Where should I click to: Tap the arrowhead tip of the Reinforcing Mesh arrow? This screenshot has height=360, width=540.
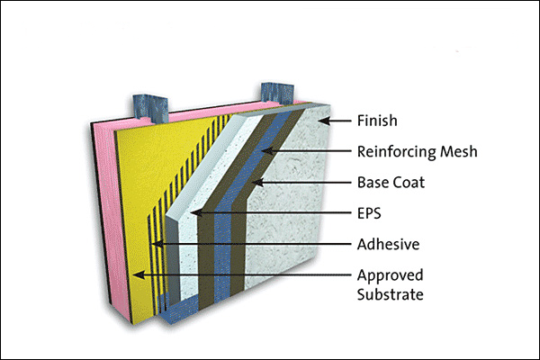[x=262, y=150]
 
